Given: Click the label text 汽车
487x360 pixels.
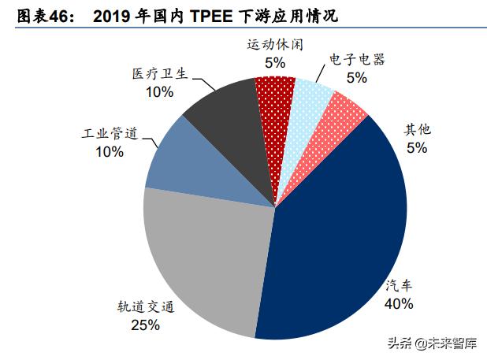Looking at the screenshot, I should coord(399,286).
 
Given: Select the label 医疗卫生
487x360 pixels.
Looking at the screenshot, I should coord(158,76).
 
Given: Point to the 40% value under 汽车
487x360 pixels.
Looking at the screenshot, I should coord(399,303).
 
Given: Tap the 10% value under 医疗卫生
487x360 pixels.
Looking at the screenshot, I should coord(158,93).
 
